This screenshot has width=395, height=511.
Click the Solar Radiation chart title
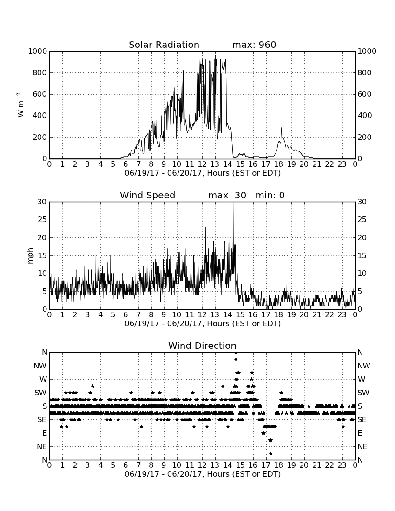point(164,45)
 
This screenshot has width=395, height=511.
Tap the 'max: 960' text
point(254,45)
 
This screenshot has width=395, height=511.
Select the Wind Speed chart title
point(148,195)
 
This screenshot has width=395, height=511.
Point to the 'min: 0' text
point(270,195)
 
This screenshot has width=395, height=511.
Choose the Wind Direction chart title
point(202,346)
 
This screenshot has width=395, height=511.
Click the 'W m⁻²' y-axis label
point(20,105)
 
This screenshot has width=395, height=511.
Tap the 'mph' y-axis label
point(30,256)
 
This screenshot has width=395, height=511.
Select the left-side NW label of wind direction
point(40,366)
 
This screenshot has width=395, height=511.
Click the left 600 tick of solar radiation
point(40,94)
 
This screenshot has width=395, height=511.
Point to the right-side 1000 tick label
point(367,51)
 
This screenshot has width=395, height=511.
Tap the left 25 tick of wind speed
point(42,220)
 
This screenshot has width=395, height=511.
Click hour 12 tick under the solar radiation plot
point(202,164)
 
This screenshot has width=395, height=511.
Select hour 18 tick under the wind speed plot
point(279,315)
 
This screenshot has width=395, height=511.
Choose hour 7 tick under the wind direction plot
point(138,465)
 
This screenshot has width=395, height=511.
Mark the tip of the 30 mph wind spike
point(233,202)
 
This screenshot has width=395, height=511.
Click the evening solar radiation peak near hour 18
point(282,128)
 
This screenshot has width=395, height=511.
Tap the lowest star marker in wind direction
point(270,453)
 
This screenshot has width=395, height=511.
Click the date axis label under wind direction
point(203,474)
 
